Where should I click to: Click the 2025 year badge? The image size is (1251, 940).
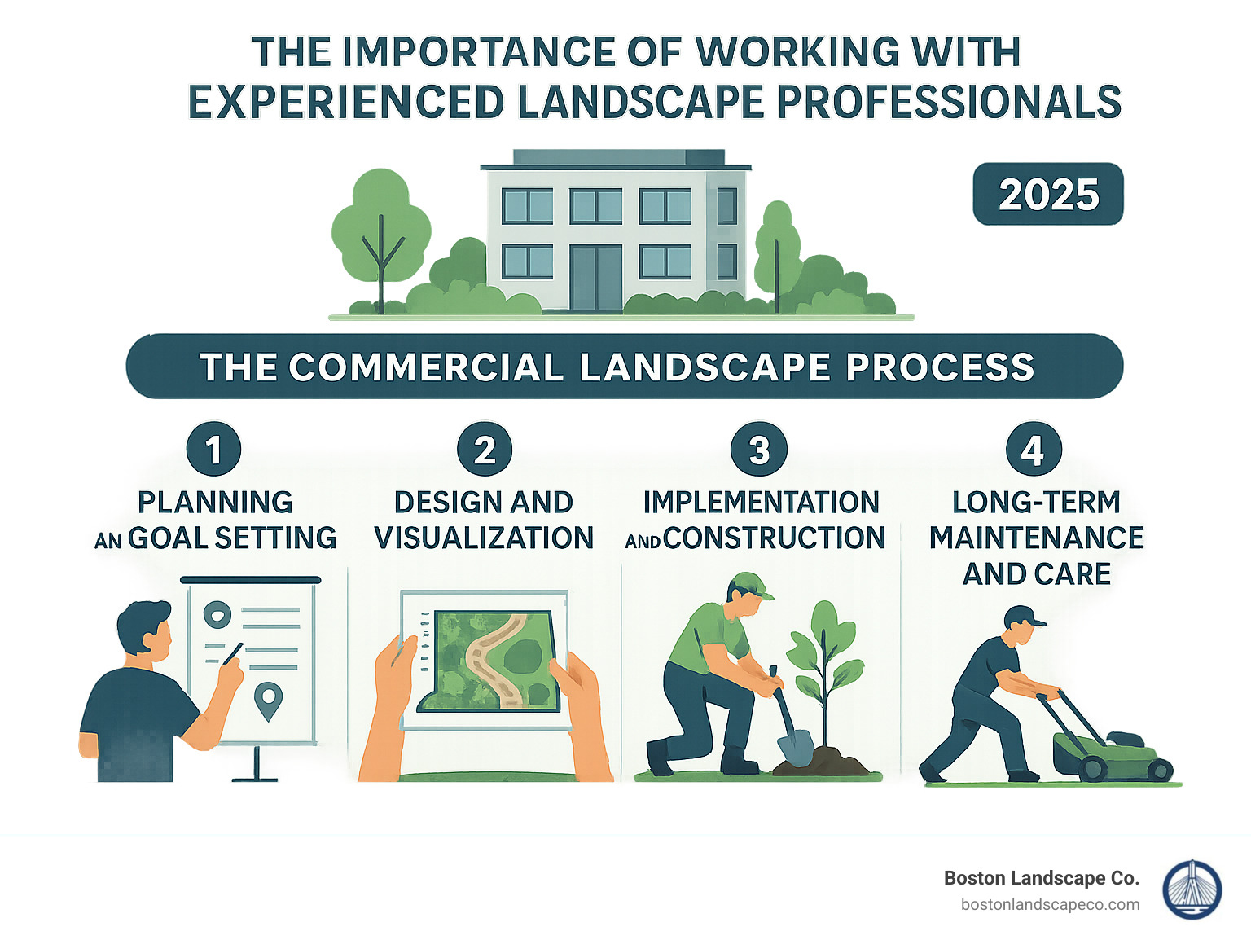1048,195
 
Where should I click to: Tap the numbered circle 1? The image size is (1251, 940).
213,450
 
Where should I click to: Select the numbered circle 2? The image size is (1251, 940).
485,450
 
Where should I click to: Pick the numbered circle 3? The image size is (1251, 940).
759,450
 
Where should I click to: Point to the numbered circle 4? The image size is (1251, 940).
1034,450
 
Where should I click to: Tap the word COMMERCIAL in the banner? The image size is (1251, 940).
426,367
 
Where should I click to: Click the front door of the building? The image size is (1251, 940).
596,277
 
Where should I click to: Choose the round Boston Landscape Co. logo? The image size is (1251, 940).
1192,890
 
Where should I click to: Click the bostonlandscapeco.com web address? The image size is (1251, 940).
1050,905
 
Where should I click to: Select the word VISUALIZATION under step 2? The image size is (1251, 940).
484,538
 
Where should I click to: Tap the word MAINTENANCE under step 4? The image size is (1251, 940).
1036,538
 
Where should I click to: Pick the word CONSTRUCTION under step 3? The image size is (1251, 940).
774,538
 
